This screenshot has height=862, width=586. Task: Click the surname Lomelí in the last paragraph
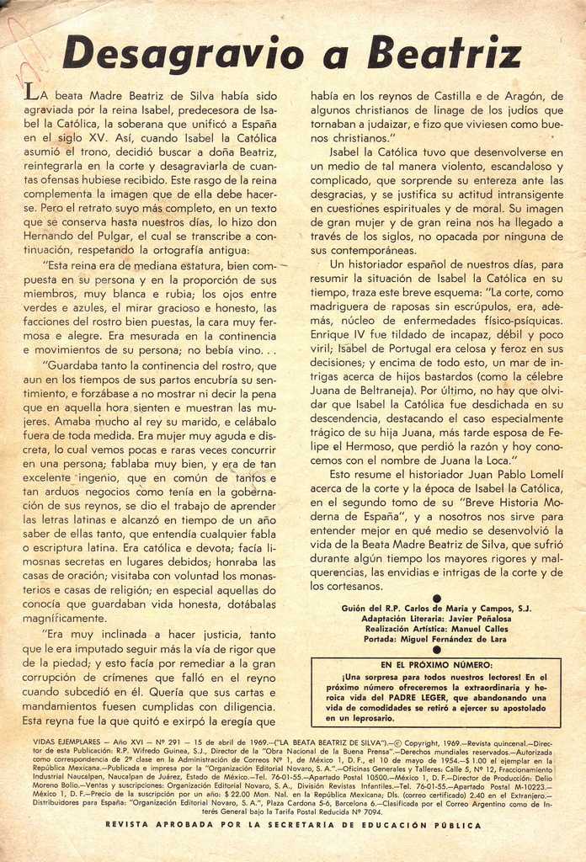click(x=542, y=475)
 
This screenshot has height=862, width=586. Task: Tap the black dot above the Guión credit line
click(x=436, y=599)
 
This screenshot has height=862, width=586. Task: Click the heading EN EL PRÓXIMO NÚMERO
click(x=435, y=665)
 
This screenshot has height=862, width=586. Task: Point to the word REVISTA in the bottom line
click(x=128, y=826)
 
